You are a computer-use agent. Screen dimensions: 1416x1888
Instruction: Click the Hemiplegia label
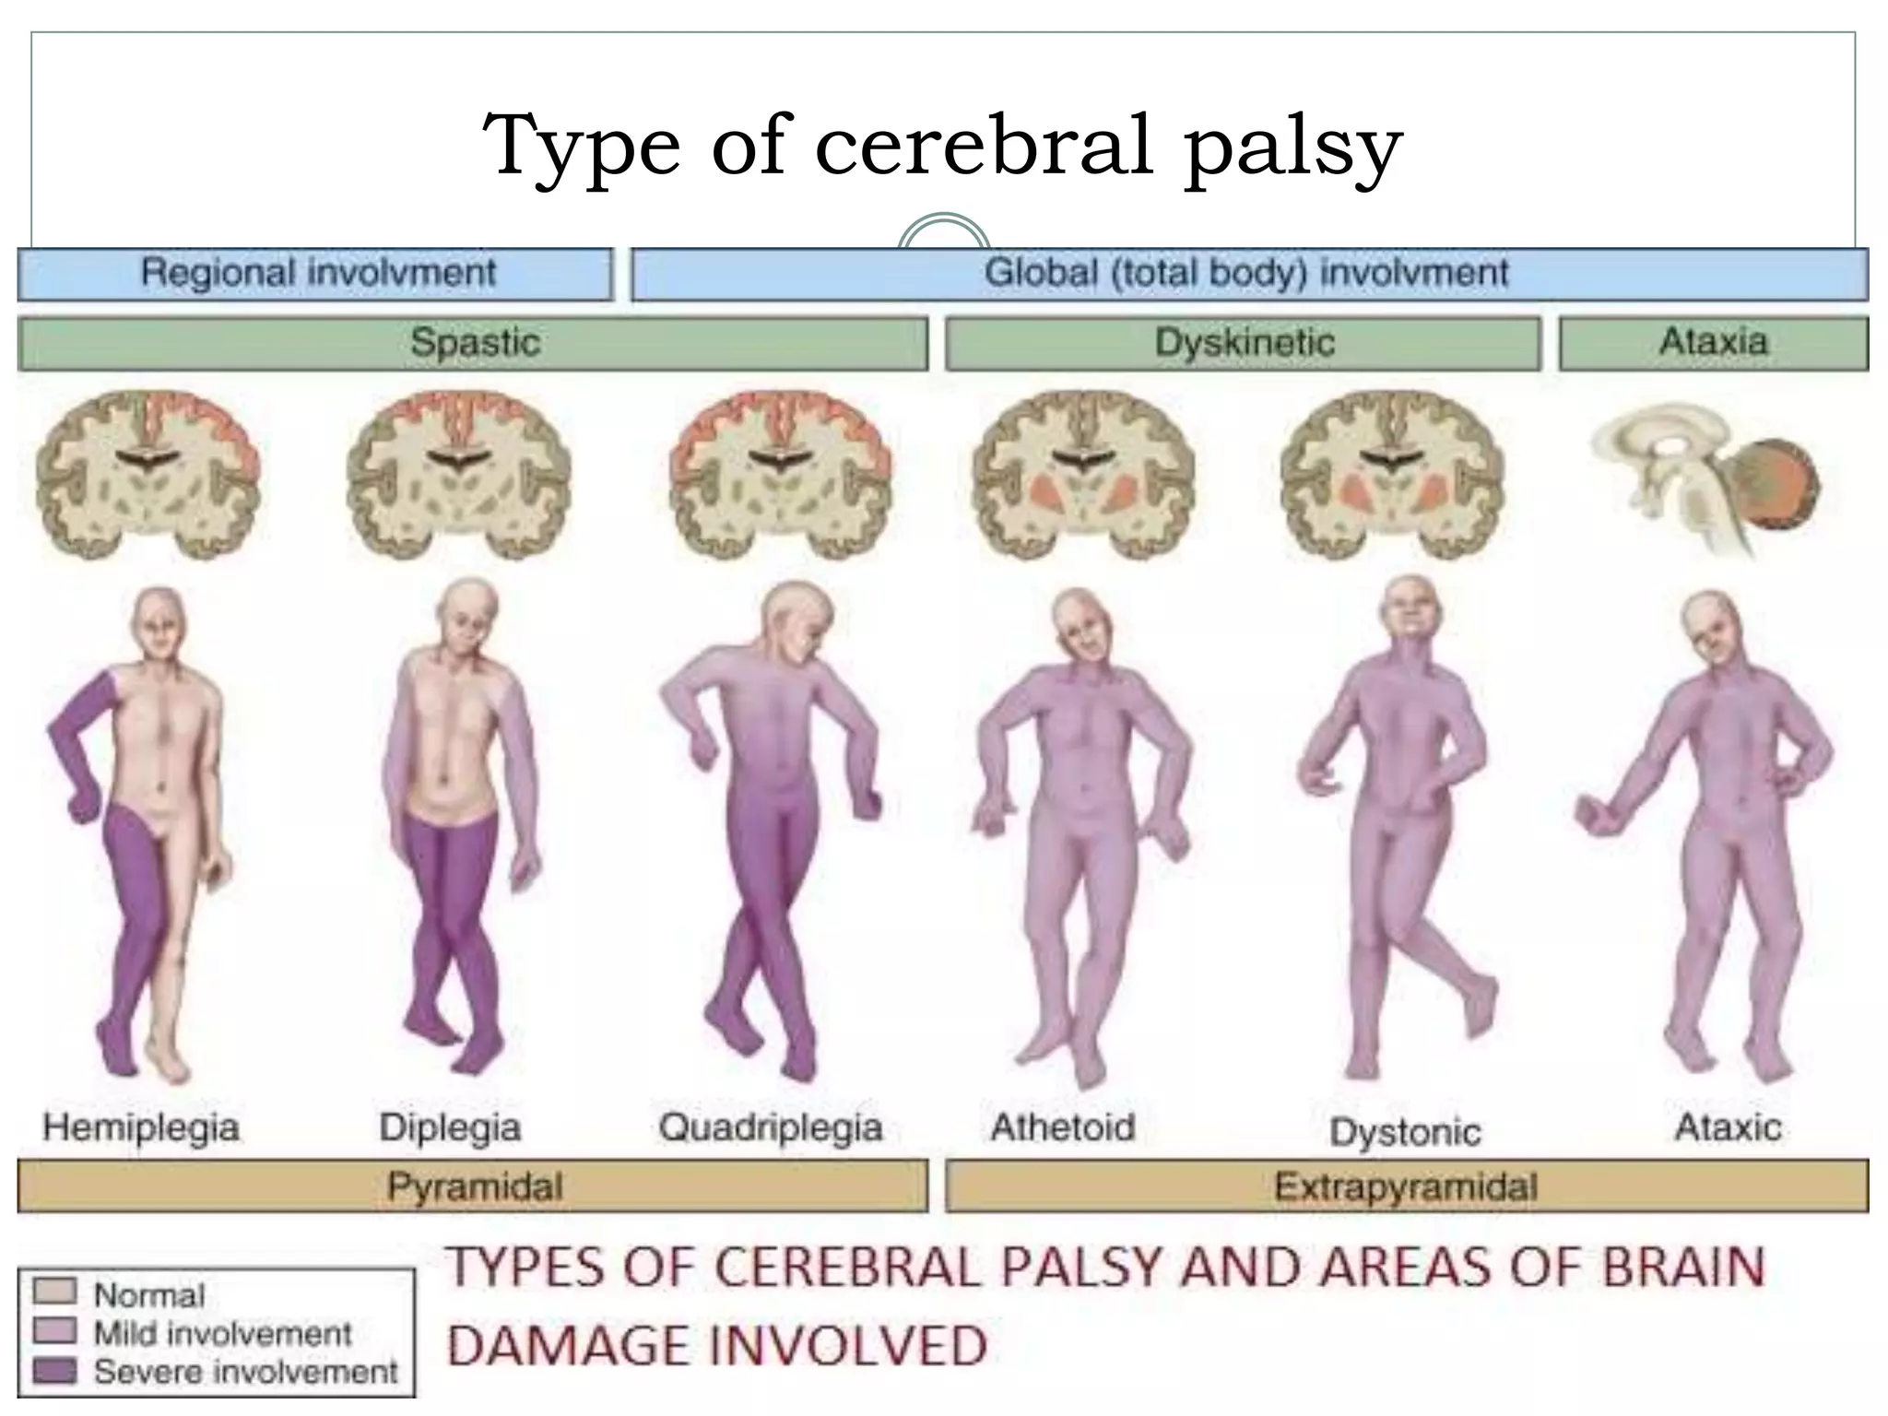tap(141, 1127)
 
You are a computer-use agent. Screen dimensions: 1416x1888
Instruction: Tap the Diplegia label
tap(450, 1127)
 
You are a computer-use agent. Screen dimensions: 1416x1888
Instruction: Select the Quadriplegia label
tap(771, 1127)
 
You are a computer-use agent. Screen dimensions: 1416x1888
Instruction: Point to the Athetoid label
tap(1063, 1127)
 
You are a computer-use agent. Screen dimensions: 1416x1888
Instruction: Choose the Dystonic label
tap(1405, 1131)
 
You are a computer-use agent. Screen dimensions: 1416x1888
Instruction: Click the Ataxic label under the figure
tap(1729, 1127)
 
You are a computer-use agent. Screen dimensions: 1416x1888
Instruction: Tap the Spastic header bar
tap(473, 343)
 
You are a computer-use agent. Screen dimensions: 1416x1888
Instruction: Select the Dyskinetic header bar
tap(1244, 343)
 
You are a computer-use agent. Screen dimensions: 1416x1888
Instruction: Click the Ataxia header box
tap(1713, 343)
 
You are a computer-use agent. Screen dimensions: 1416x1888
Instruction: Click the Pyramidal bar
tap(473, 1186)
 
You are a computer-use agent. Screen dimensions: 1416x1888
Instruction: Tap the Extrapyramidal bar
tap(1406, 1186)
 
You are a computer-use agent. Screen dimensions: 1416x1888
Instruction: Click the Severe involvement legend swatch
tap(54, 1371)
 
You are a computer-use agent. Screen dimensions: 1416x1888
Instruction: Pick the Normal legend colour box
tap(54, 1292)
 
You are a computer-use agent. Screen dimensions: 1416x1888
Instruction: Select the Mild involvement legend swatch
tap(54, 1331)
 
